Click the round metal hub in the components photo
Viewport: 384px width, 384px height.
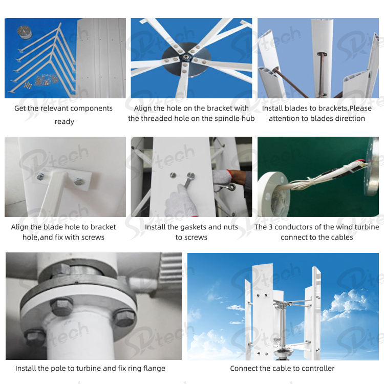click(24, 33)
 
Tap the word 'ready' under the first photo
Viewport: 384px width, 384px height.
click(64, 121)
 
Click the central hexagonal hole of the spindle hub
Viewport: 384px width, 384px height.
click(186, 58)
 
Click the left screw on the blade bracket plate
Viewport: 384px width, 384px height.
click(40, 176)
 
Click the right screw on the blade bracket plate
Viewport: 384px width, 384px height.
click(79, 181)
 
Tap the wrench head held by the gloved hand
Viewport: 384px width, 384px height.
click(190, 176)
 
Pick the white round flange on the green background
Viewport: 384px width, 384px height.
click(273, 194)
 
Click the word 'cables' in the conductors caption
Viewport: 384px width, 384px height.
click(342, 237)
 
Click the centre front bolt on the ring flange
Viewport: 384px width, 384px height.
click(61, 306)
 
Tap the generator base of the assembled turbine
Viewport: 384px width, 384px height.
click(283, 353)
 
